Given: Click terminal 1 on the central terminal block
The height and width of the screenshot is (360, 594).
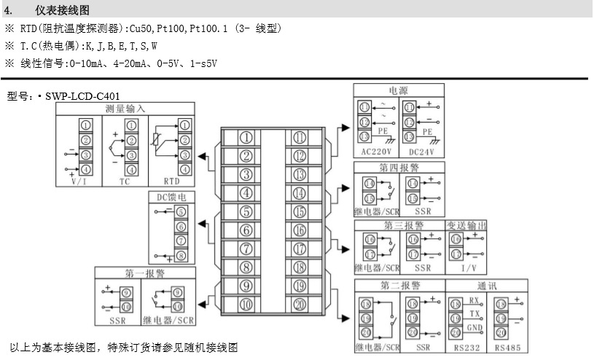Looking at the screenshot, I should coord(247,137).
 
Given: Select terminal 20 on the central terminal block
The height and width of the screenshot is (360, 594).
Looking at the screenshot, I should coord(300,305).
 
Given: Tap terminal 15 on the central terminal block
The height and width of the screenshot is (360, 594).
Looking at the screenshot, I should coord(300,212).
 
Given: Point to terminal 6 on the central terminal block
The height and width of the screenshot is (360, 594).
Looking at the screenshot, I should coord(247,230).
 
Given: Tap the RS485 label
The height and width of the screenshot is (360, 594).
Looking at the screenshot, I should coord(507,348).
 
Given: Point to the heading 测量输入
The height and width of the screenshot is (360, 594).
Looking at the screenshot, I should coord(125,108).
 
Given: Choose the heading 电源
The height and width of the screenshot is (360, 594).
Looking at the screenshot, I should coord(398,90).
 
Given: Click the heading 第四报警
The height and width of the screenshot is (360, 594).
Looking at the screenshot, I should coord(399,166).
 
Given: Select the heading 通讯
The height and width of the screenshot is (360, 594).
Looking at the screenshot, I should coord(488,285).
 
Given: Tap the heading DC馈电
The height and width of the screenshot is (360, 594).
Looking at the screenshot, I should coord(167,197).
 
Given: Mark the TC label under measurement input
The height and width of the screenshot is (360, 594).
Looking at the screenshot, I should coord(125,181).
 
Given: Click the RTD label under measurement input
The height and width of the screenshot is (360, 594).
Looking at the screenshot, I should coord(171,181).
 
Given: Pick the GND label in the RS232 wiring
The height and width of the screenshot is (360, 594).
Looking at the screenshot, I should coord(474,329).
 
